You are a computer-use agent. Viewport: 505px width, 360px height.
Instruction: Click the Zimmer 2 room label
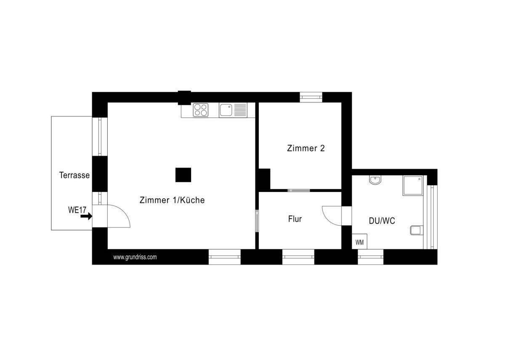306,148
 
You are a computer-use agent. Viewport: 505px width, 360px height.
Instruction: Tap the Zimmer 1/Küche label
172,200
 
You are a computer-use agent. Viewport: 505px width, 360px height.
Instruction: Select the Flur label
295,219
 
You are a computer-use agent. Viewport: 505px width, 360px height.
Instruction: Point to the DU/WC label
382,221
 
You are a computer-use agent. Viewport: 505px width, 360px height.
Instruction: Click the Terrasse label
74,175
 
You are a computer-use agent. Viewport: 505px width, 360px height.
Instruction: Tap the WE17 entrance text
77,209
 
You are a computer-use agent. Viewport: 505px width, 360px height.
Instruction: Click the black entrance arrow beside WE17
86,216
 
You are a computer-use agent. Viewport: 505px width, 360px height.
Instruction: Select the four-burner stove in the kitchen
201,110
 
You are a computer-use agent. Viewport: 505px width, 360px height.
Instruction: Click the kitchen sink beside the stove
226,110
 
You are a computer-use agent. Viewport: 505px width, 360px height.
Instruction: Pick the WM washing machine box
359,242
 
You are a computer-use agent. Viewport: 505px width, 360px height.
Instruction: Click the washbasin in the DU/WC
375,180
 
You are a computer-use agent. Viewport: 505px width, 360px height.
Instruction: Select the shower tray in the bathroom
413,186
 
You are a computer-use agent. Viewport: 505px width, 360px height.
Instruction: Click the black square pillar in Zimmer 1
183,175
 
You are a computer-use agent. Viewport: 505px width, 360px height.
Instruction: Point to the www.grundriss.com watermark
135,257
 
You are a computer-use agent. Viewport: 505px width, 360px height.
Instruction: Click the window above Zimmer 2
311,97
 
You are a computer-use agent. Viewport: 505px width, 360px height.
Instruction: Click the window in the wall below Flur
298,257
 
